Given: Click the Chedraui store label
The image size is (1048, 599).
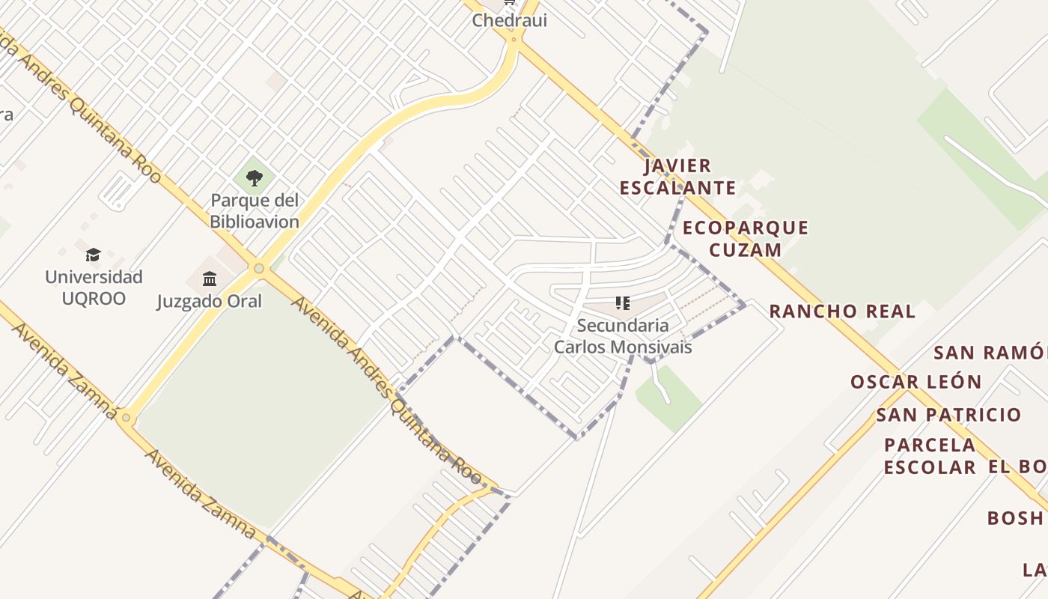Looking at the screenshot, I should click(509, 20).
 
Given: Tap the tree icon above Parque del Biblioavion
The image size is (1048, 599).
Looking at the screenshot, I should click(255, 178).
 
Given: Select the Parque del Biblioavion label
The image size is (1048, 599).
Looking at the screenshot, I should click(255, 211).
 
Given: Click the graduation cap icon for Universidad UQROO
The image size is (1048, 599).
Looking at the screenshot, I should click(93, 255).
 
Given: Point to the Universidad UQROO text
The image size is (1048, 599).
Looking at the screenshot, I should click(94, 288).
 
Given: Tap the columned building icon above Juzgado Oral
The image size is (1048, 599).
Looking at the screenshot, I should click(210, 279).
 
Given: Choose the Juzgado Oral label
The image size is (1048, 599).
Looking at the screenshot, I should click(210, 301).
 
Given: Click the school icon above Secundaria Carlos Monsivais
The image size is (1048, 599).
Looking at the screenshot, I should click(622, 303).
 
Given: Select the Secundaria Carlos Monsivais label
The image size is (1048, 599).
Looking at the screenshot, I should click(623, 336).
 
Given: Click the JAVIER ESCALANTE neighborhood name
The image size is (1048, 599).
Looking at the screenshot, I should click(678, 177).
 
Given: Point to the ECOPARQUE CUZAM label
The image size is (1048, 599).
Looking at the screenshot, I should click(746, 238).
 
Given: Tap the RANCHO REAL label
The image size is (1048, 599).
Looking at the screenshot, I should click(842, 311).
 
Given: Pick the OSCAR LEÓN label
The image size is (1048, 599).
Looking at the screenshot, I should click(916, 382).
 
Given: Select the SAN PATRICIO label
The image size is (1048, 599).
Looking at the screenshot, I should click(948, 415).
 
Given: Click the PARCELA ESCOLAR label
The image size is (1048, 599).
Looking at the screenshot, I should click(930, 456).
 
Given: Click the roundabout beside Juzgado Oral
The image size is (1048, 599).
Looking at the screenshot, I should click(259, 268).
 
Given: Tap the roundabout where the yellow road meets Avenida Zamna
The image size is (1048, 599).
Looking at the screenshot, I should click(126, 417).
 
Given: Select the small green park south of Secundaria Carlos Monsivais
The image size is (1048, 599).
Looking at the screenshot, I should click(668, 399).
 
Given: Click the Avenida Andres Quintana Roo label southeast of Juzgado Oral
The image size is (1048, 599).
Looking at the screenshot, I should click(386, 389).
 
